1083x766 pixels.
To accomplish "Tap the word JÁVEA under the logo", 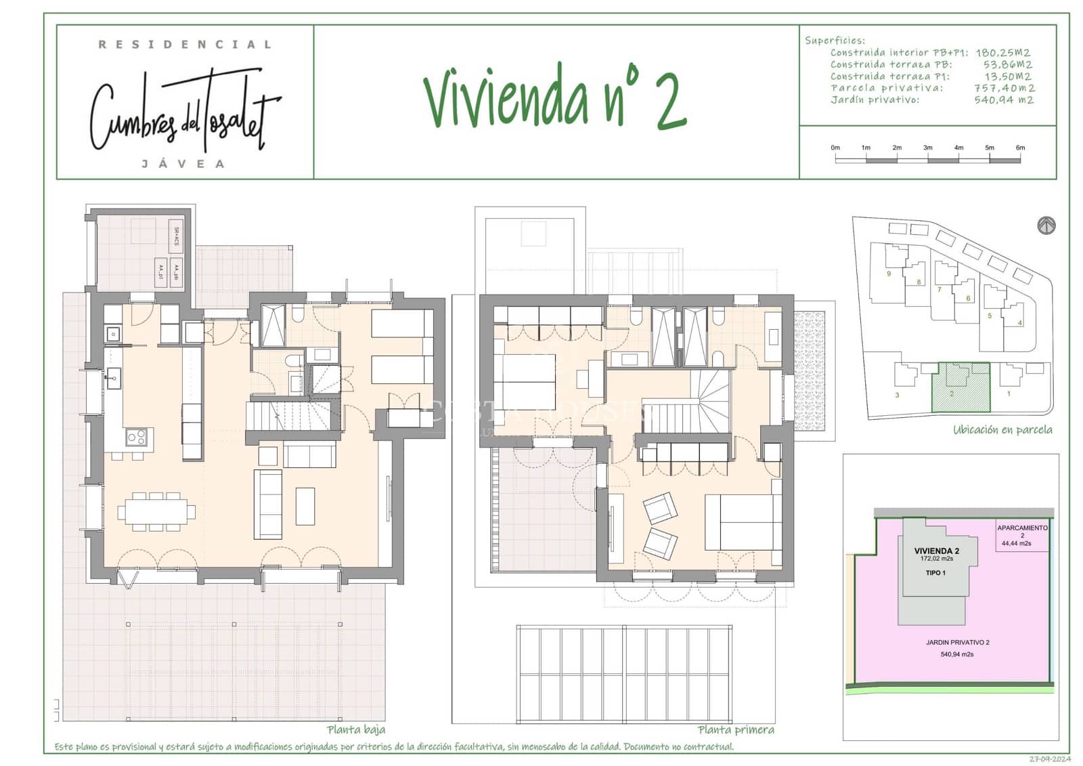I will [x=183, y=164].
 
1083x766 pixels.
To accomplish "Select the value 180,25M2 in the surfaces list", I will [x=1002, y=53].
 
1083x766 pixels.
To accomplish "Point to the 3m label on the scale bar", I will [x=927, y=148].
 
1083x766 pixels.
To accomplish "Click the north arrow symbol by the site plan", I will [x=1046, y=226].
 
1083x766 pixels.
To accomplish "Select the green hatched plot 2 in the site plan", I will [x=961, y=388].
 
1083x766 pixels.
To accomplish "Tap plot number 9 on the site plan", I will [x=889, y=274].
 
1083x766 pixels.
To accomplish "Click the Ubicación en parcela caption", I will [x=1002, y=430].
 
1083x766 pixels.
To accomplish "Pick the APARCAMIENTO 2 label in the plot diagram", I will [x=1022, y=528].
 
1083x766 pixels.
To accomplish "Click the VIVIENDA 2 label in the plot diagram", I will [x=936, y=551].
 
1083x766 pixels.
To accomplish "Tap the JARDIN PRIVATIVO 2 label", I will [x=957, y=643].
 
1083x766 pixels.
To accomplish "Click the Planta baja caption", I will [x=356, y=729].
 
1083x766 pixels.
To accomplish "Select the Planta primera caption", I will [x=736, y=729].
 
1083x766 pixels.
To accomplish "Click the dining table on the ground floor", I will [x=156, y=511].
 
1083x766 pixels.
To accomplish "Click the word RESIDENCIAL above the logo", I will [x=185, y=45].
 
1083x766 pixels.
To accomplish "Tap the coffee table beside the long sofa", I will [x=305, y=506].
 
